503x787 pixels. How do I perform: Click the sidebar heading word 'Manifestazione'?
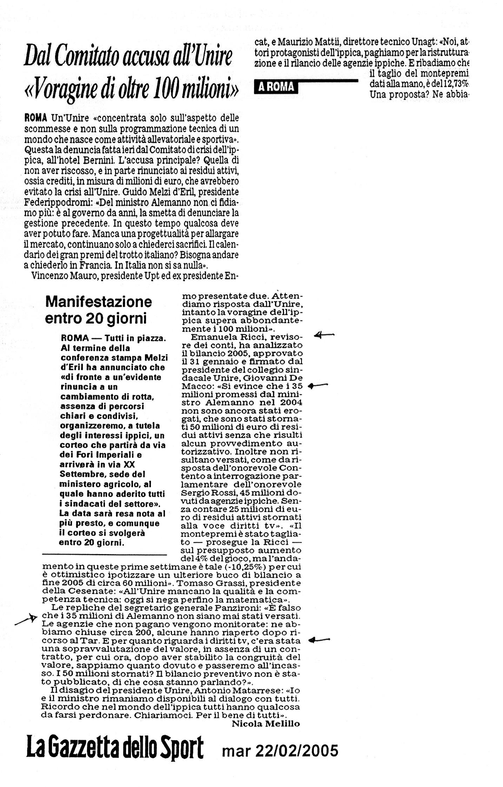pos(99,301)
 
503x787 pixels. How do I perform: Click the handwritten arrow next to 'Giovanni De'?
pos(318,386)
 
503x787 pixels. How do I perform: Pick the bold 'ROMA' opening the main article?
pos(36,117)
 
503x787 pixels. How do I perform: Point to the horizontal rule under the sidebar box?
pos(104,554)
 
